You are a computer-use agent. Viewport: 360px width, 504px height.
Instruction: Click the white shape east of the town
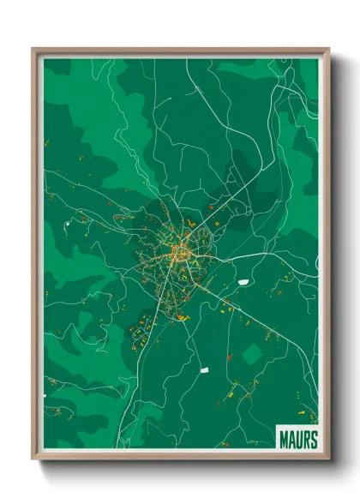point(243,281)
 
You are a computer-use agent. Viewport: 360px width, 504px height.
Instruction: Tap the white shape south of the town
point(204,370)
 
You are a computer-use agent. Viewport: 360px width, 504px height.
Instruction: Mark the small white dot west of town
point(66,224)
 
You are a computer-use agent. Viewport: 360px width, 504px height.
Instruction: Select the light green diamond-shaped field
point(252,352)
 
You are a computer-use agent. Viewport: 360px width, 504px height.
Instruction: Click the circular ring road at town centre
point(181,251)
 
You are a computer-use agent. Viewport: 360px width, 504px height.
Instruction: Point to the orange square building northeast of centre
point(211,207)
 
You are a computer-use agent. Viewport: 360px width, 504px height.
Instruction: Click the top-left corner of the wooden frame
point(33,50)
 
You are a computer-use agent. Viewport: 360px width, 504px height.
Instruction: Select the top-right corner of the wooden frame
point(328,50)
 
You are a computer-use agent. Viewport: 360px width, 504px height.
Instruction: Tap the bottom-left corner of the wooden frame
point(33,459)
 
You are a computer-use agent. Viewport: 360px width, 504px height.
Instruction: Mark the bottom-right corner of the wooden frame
point(328,459)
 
